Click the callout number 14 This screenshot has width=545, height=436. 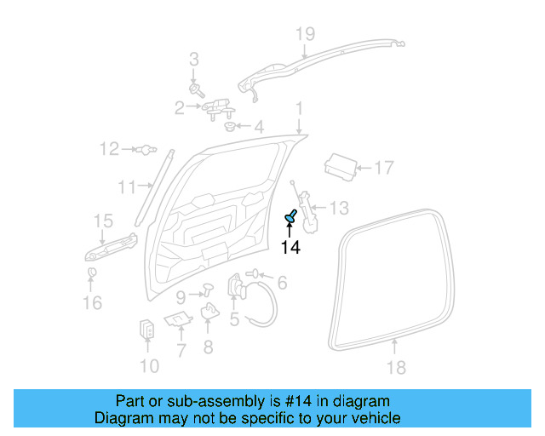[290, 248]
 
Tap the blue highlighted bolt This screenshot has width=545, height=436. [291, 218]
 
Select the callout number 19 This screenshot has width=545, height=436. [305, 34]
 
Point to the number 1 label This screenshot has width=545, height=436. [299, 108]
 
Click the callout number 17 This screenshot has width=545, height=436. [384, 168]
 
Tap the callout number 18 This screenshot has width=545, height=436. [396, 368]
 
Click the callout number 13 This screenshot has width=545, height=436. [338, 208]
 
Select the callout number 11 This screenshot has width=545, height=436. [127, 186]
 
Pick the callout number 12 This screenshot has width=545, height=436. [108, 150]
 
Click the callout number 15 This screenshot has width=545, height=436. [102, 221]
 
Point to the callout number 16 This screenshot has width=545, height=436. [92, 302]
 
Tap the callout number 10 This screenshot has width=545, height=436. [148, 367]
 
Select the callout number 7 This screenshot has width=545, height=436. [181, 349]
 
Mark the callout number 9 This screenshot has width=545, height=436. [181, 296]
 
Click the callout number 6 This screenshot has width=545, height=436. [282, 283]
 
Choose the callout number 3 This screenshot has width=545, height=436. [193, 60]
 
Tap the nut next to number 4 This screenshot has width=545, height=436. [230, 128]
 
